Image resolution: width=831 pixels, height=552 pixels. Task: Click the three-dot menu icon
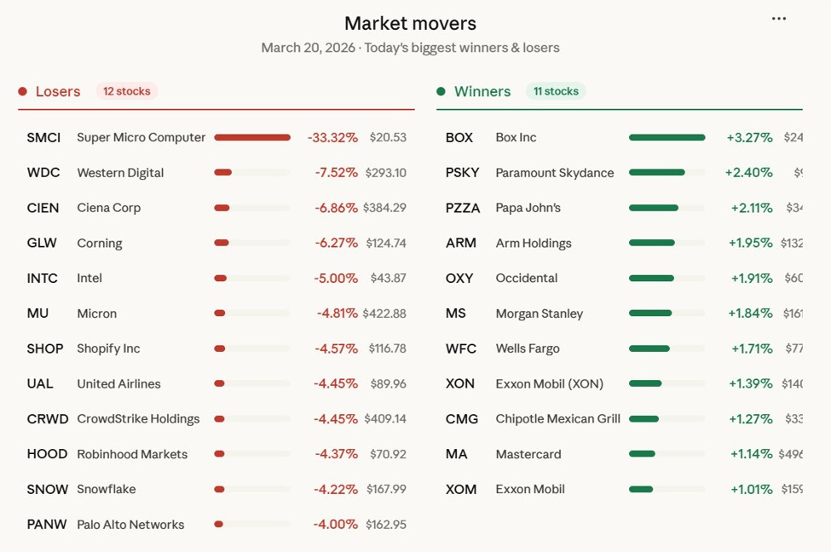[x=778, y=19]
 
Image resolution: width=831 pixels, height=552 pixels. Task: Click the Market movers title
[x=410, y=23]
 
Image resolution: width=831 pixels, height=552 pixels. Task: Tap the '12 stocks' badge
[x=126, y=91]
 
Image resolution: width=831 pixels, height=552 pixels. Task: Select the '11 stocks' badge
[x=555, y=91]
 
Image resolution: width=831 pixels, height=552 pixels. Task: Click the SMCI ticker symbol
[x=43, y=137]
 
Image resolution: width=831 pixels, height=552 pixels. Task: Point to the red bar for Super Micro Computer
[x=252, y=137]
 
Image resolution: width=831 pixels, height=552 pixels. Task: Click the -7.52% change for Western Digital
[x=336, y=172]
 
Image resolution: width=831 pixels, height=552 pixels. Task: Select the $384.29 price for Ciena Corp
[x=384, y=208]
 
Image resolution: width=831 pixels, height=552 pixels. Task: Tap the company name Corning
[x=100, y=243]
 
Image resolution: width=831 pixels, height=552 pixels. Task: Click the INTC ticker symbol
[x=43, y=278]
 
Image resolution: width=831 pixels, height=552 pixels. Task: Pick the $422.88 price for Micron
[x=384, y=313]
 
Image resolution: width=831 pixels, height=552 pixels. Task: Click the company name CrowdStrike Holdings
[x=138, y=419]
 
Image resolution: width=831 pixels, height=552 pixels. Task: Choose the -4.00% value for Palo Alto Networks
[x=336, y=525]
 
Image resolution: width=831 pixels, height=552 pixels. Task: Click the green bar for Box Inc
[x=667, y=137]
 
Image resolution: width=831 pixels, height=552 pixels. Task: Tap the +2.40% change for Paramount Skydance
[x=748, y=172]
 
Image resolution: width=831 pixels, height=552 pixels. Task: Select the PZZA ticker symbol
[x=463, y=208]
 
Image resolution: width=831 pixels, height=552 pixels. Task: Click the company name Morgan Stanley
[x=540, y=313]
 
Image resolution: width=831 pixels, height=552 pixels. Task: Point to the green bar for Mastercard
[x=642, y=454]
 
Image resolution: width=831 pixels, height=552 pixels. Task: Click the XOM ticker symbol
[x=461, y=489]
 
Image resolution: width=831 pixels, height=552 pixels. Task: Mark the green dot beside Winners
[x=441, y=91]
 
